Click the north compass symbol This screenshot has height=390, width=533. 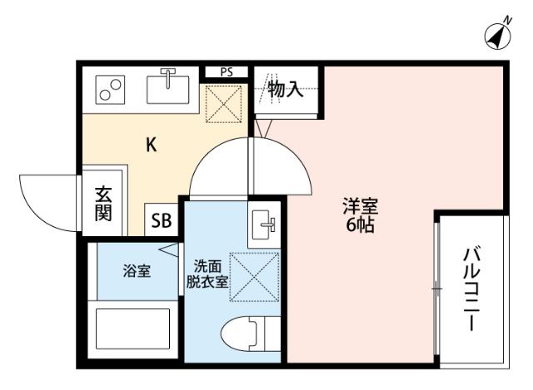click(x=497, y=35)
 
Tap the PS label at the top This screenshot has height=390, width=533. click(x=227, y=72)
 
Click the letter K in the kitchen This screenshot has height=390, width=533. click(x=152, y=145)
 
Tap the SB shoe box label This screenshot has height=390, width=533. click(x=161, y=221)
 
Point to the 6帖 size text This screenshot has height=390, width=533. click(x=361, y=225)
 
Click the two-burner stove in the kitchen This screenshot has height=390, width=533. click(x=111, y=91)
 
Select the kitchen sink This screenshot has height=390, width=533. click(x=168, y=86)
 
